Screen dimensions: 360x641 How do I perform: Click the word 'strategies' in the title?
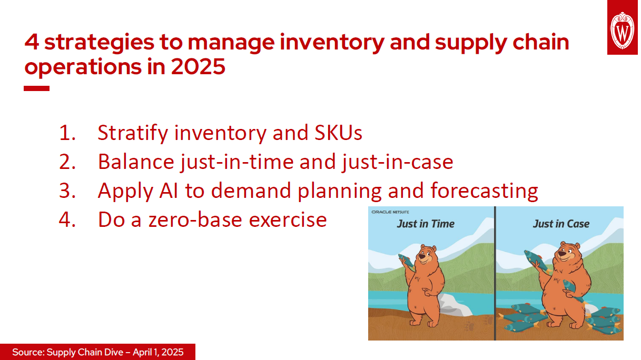pyautogui.click(x=99, y=42)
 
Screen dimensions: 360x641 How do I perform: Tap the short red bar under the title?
pyautogui.click(x=36, y=88)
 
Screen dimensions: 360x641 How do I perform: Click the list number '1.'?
pyautogui.click(x=67, y=134)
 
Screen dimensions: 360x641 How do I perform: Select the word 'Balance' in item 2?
pyautogui.click(x=132, y=162)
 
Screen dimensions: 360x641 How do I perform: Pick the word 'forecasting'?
pyautogui.click(x=484, y=191)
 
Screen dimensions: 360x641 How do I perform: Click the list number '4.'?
pyautogui.click(x=67, y=219)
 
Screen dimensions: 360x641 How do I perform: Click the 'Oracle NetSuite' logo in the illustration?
pyautogui.click(x=393, y=212)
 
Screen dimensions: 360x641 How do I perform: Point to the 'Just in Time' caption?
pyautogui.click(x=425, y=224)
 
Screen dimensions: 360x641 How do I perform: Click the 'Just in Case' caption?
pyautogui.click(x=561, y=224)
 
